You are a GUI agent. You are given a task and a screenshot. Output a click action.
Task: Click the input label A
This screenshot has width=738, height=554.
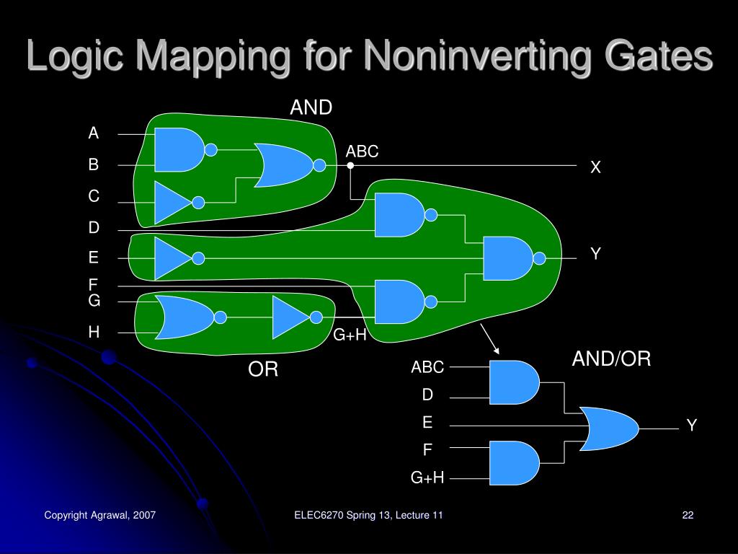[x=94, y=133]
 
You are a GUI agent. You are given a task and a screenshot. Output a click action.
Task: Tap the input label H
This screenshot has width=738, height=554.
[x=94, y=332]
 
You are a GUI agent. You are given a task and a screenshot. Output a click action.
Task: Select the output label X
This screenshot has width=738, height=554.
[x=596, y=167]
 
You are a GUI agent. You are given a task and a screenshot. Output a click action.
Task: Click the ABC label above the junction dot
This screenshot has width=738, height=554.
[x=362, y=151]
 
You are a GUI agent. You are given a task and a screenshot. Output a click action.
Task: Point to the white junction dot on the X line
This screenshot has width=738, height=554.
[x=350, y=165]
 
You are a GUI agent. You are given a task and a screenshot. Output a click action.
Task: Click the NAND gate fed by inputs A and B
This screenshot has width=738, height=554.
[x=179, y=150]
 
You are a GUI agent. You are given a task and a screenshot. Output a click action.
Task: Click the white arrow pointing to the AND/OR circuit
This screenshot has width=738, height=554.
[x=490, y=338]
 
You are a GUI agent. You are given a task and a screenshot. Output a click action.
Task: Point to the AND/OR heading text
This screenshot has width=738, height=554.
[x=611, y=359]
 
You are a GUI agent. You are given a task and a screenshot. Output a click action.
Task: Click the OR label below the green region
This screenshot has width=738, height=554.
[x=263, y=370]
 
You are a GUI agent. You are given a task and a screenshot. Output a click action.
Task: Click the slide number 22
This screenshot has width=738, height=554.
[x=688, y=515]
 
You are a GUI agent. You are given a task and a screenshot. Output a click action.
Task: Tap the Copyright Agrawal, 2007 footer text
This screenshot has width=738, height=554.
[x=100, y=515]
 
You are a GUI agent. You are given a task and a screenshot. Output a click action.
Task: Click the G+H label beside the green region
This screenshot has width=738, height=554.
[x=350, y=335]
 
